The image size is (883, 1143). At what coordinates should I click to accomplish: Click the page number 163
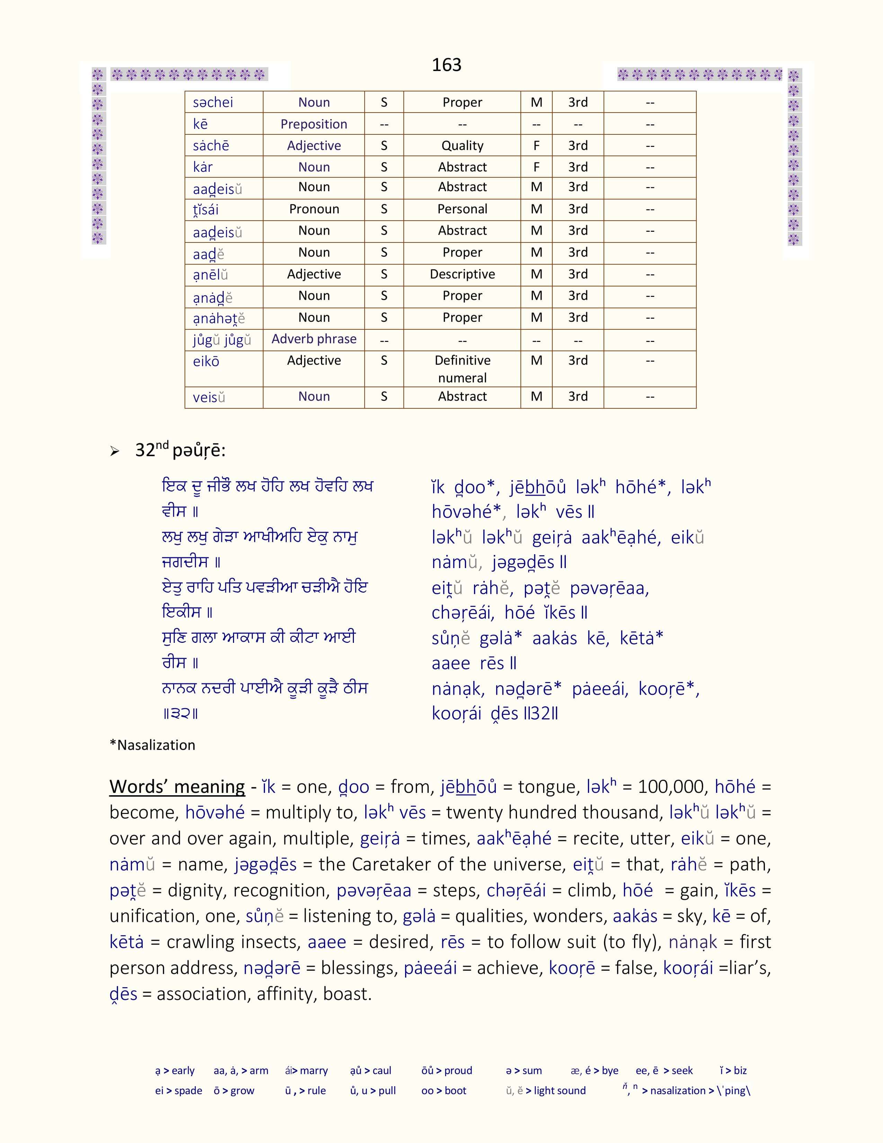[x=446, y=65]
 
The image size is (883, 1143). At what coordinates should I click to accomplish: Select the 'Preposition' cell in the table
[x=314, y=124]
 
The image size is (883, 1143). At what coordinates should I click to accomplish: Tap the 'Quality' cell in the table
[x=462, y=145]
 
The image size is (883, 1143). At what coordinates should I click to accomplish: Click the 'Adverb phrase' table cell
[x=314, y=339]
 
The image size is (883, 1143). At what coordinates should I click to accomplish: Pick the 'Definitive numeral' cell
[x=462, y=369]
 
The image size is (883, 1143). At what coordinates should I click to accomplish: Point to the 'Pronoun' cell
[x=314, y=209]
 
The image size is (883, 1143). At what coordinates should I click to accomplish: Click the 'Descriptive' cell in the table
[x=462, y=274]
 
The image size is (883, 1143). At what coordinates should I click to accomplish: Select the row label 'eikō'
[x=206, y=362]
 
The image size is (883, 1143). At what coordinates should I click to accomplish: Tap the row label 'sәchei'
[x=213, y=103]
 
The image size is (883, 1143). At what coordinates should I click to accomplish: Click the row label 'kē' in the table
[x=200, y=124]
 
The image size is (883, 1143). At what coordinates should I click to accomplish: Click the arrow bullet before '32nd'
[x=115, y=451]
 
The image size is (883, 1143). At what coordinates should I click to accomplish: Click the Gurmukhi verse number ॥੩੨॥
[x=180, y=713]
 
